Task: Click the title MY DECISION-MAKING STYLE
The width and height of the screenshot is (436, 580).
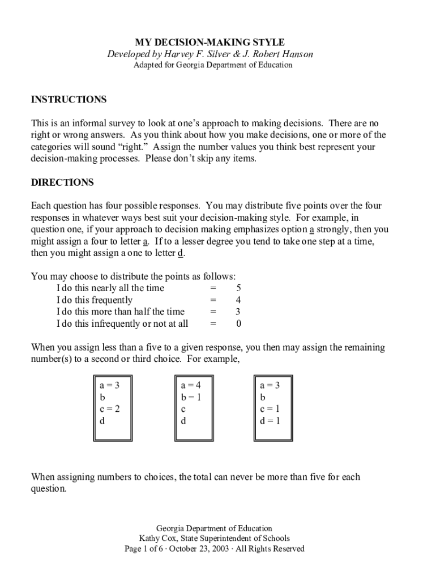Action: pos(210,42)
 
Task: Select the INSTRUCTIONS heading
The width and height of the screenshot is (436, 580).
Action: pos(69,100)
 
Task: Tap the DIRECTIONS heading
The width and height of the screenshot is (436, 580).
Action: pos(62,183)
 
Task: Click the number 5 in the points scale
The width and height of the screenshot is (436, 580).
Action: pos(239,288)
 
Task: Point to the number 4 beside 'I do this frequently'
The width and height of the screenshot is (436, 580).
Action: pos(239,300)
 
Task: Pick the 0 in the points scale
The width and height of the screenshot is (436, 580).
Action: pos(239,324)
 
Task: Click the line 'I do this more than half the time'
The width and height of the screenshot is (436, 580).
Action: pos(121,312)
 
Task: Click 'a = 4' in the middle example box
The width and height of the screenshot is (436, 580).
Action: pos(191,385)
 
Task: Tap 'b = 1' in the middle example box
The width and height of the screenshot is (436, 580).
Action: pos(191,397)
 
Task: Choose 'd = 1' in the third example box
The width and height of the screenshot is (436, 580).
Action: pos(270,421)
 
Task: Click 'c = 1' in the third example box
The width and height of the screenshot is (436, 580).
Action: pos(270,409)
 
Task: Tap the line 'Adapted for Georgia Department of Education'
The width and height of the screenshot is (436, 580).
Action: pos(213,65)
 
